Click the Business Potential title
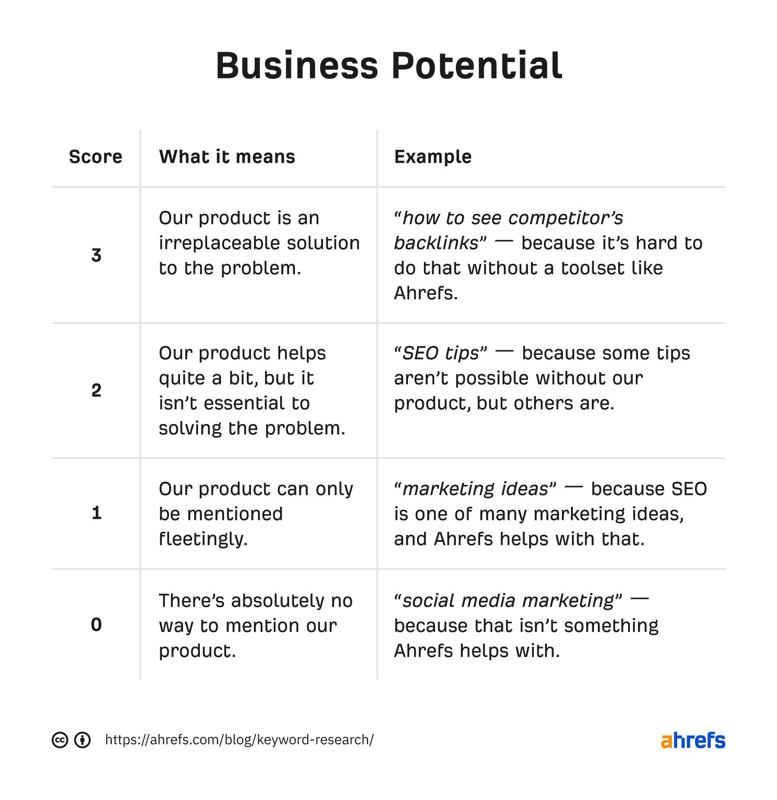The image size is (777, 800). click(x=388, y=66)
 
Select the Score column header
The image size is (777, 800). click(x=95, y=157)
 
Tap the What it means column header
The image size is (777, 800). click(x=227, y=157)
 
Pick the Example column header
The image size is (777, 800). click(x=433, y=157)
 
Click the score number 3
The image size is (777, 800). click(x=96, y=255)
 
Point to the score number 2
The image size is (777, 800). click(x=96, y=390)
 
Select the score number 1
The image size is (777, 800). click(x=96, y=513)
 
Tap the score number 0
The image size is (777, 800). click(x=96, y=625)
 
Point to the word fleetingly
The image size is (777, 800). click(x=203, y=539)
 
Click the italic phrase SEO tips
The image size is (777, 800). click(x=441, y=354)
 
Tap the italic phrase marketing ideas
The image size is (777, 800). click(x=475, y=489)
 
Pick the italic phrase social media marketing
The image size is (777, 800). click(x=508, y=601)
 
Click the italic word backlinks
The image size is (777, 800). click(x=436, y=243)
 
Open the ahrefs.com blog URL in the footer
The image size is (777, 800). click(x=239, y=740)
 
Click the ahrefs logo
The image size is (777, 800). click(x=693, y=740)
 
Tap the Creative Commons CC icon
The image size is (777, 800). click(x=60, y=740)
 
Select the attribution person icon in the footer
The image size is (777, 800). click(x=82, y=740)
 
